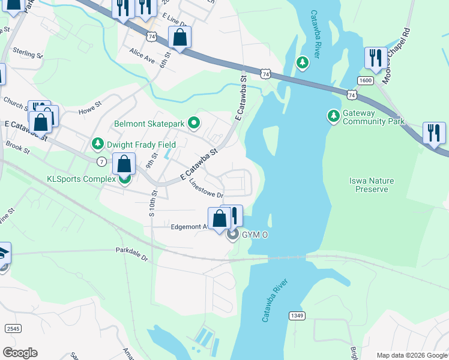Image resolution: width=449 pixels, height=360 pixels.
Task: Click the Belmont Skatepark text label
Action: [149, 124]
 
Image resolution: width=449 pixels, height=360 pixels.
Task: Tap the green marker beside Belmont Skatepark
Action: [193, 124]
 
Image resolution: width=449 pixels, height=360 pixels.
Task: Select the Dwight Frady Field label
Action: [141, 145]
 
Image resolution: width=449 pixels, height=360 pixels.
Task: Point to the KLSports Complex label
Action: [81, 179]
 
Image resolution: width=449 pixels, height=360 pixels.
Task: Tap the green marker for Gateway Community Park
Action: [333, 115]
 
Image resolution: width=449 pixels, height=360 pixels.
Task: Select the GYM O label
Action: [255, 235]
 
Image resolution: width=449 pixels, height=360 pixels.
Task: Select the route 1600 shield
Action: [365, 80]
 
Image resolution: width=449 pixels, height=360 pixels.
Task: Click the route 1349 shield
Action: [296, 316]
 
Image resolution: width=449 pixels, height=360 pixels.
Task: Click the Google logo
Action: [20, 353]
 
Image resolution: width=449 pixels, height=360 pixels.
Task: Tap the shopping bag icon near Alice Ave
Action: [179, 38]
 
